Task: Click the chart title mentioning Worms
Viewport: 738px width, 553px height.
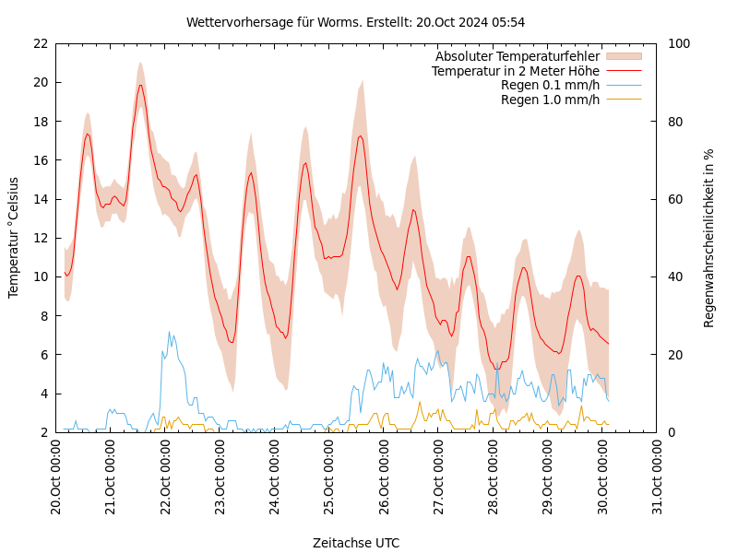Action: click(x=355, y=22)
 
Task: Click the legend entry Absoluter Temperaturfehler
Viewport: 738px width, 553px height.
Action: click(x=517, y=56)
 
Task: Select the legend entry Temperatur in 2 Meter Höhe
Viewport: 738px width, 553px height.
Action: click(x=515, y=71)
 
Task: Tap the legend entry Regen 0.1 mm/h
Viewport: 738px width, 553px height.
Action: click(x=550, y=86)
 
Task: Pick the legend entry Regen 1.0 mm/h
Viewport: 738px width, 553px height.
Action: click(x=550, y=100)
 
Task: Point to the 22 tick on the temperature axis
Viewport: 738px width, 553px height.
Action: click(x=40, y=43)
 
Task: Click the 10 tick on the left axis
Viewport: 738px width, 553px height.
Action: click(x=40, y=276)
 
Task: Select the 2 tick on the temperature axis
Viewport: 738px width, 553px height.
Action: click(x=43, y=432)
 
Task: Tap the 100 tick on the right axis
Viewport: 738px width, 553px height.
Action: click(x=679, y=43)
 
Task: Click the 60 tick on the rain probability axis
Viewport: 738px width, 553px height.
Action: click(x=676, y=199)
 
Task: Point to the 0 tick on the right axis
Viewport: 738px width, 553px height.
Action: click(x=673, y=432)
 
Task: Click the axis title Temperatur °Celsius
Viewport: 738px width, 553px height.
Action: click(x=14, y=238)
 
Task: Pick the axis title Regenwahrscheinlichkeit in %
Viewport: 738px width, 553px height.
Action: click(x=709, y=238)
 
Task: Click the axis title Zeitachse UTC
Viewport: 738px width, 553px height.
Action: click(x=355, y=543)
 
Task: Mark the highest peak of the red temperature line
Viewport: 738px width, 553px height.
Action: click(x=140, y=85)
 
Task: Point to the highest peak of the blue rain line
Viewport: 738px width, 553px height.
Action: click(x=169, y=332)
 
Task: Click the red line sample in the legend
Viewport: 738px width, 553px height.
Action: click(x=623, y=71)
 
